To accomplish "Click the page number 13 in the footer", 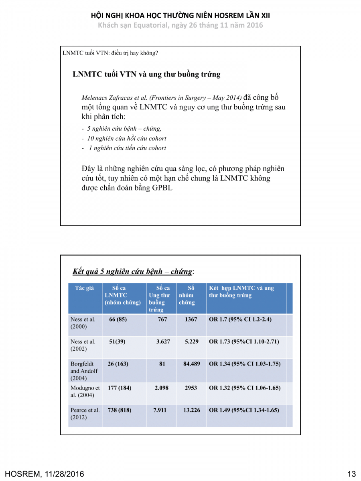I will click(351, 474).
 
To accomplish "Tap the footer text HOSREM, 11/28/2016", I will click(45, 474).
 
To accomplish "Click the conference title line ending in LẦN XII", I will click(180, 16).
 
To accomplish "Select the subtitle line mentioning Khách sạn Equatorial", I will click(180, 25).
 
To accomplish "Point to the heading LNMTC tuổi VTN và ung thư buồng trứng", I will click(146, 74).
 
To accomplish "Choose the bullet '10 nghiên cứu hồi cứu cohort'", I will click(124, 138).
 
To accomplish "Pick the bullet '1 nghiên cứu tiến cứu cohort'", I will click(124, 148).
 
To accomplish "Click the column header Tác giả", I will click(84, 288).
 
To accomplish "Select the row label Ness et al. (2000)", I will click(83, 323).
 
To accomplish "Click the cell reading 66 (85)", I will click(118, 319).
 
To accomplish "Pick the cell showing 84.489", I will click(191, 364).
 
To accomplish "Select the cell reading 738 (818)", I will click(120, 410).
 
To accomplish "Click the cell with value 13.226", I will click(191, 410).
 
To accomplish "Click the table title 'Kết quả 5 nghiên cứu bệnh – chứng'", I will click(132, 271).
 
